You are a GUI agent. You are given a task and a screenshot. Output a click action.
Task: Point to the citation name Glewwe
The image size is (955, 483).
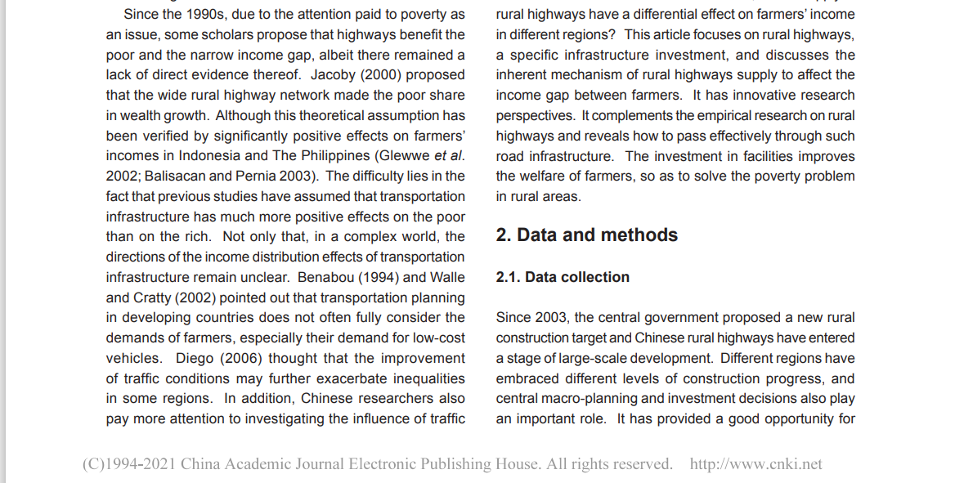[x=403, y=156]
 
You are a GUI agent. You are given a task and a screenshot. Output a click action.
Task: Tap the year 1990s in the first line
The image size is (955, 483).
[x=215, y=15]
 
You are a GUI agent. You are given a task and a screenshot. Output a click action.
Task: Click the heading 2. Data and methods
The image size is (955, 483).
[x=587, y=235]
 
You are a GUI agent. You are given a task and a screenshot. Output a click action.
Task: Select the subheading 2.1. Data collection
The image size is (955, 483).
[x=563, y=278]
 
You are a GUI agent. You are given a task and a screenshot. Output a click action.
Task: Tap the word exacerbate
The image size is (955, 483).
[x=339, y=379]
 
